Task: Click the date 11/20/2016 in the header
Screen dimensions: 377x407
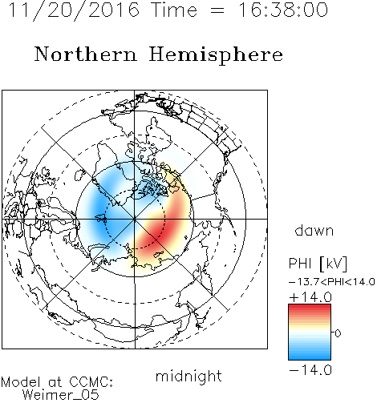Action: tap(74, 10)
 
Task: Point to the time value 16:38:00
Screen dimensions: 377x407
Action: tap(283, 10)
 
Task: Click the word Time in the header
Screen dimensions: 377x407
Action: tap(174, 10)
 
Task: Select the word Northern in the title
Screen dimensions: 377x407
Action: tap(86, 54)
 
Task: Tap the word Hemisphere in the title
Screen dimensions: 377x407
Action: tap(216, 55)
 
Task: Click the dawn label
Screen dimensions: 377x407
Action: tap(314, 230)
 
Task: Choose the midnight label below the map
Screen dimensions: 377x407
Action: tap(188, 376)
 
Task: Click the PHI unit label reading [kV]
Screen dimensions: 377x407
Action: tap(334, 264)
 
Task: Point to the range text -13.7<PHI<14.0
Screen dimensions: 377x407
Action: tap(332, 282)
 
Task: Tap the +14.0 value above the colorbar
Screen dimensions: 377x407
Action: tap(310, 297)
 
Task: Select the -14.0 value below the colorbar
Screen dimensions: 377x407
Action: tap(310, 370)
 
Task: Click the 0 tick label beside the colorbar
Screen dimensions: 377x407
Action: tap(338, 333)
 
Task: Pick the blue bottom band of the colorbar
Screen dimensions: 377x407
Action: tap(310, 355)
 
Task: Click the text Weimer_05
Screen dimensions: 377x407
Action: tap(61, 395)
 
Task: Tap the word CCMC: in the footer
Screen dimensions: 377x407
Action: tap(91, 382)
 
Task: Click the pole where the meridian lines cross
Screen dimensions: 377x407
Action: tap(135, 219)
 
